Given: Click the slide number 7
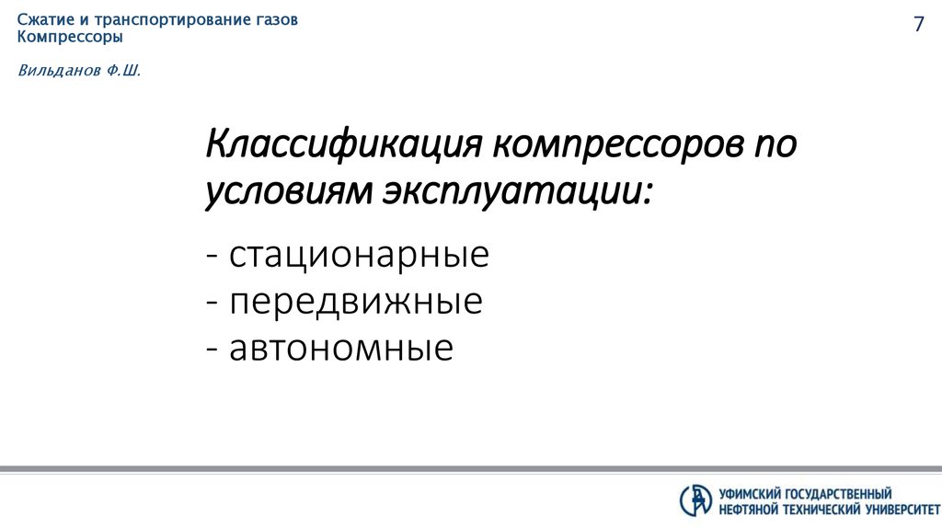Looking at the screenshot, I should point(917,26).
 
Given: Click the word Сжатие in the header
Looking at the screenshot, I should point(42,20).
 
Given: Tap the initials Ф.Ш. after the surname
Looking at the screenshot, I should point(124,70).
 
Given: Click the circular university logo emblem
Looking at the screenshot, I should point(696,499).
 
